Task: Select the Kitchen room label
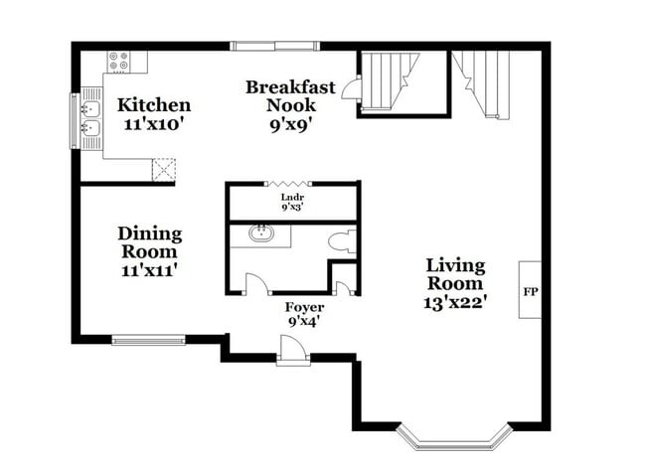tap(154, 105)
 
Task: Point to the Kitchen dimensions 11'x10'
tap(154, 125)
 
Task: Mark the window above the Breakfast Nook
tap(261, 46)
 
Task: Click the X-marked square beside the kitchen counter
tap(163, 170)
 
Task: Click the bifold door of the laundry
tap(290, 184)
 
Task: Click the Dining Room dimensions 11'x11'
tap(150, 269)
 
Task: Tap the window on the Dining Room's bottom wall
tap(148, 340)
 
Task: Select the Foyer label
tap(305, 307)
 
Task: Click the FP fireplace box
tap(529, 291)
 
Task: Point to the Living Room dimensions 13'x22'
tap(455, 303)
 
